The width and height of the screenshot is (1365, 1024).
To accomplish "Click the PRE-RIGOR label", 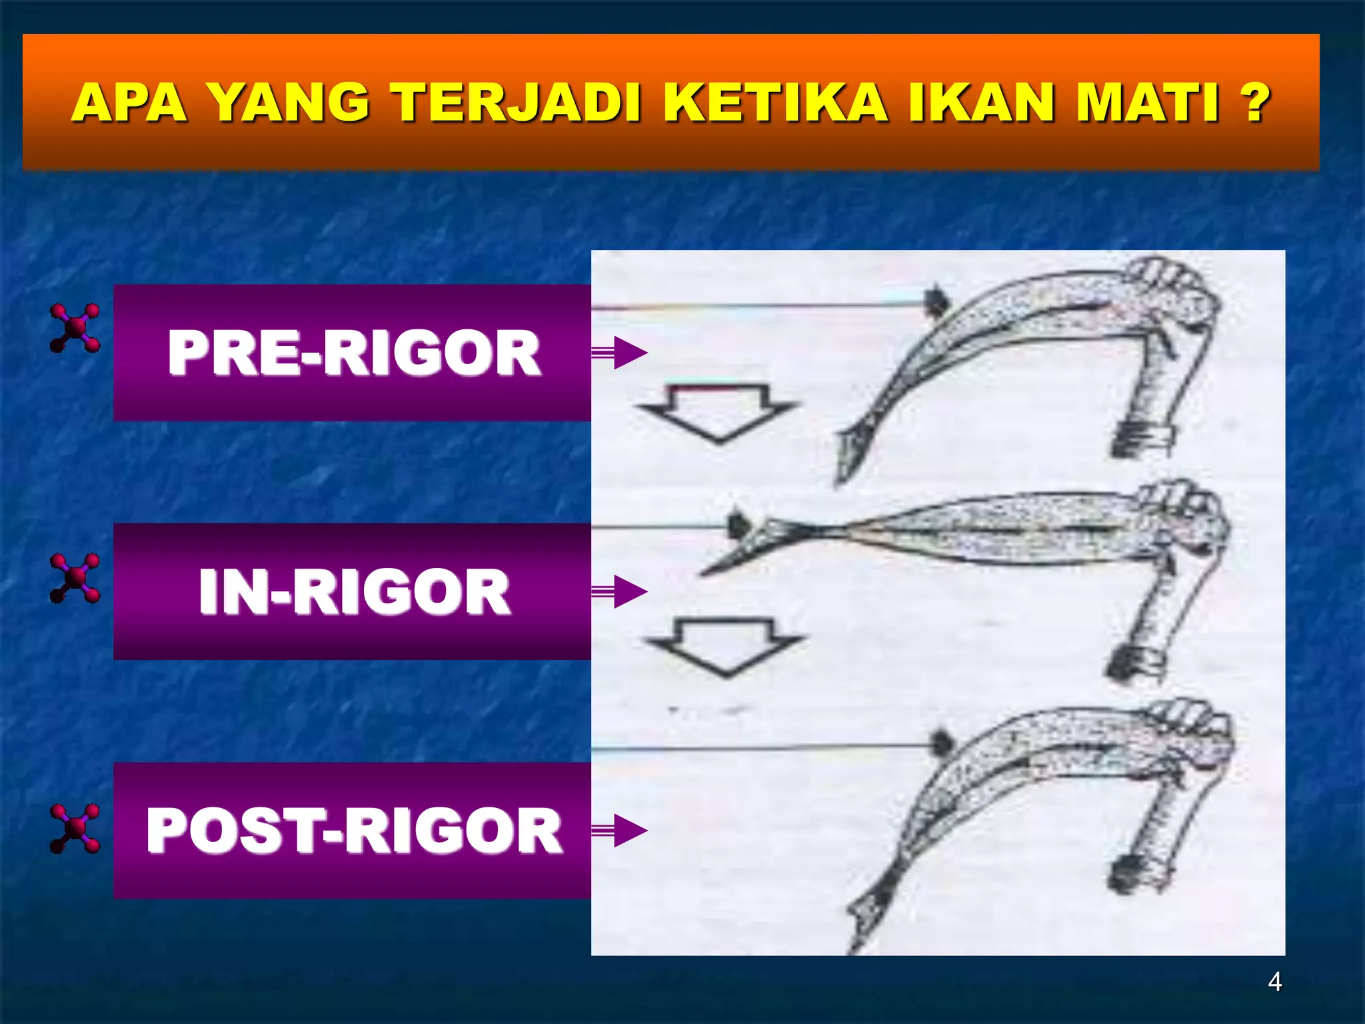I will [x=353, y=353].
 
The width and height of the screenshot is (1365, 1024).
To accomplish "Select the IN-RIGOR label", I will [x=353, y=591].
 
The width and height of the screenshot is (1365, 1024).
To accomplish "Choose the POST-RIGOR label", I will [x=353, y=830].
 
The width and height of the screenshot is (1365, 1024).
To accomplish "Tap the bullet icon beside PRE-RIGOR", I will [x=75, y=327].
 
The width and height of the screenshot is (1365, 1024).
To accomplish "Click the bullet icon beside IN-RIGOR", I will [x=75, y=577].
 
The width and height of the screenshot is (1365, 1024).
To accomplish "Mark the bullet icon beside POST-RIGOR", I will [x=75, y=828].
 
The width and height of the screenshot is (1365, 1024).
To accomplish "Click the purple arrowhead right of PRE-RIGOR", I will [x=629, y=353].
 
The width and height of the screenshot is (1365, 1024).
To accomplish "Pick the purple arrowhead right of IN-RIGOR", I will [x=629, y=591].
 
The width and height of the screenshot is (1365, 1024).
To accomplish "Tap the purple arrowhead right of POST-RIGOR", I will [x=629, y=830].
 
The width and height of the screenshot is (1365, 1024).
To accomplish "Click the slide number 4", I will [x=1274, y=981].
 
